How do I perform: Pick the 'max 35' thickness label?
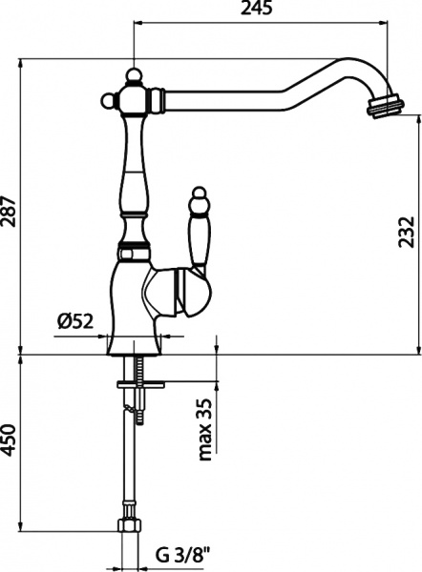click(206, 428)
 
